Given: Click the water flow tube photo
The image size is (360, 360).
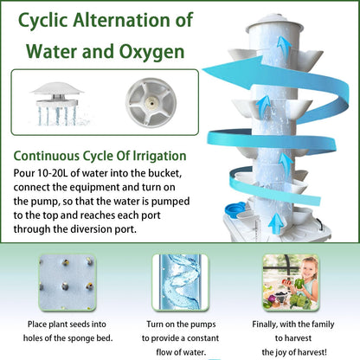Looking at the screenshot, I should click(x=179, y=282).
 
